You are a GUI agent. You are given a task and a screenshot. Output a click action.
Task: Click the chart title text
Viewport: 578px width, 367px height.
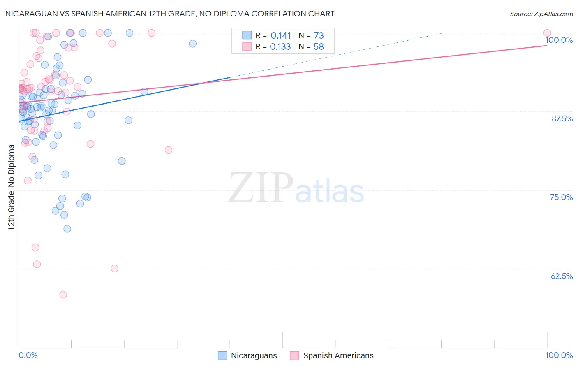(x=170, y=14)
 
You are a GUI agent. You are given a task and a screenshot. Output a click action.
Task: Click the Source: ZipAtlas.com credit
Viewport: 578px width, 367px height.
(x=541, y=14)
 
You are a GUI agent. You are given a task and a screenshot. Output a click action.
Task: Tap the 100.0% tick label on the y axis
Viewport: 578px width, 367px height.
(x=559, y=40)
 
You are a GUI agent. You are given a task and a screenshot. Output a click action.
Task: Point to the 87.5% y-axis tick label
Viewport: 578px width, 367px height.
(x=562, y=118)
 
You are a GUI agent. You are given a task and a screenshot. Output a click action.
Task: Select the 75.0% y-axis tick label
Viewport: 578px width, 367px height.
(x=561, y=197)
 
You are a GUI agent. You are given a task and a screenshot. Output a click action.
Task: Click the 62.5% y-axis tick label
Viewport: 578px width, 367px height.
(x=561, y=276)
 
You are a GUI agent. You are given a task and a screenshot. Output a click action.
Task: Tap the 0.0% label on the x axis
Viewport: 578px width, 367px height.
(x=28, y=355)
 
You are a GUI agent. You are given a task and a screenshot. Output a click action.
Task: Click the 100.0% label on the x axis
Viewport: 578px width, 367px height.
(x=559, y=355)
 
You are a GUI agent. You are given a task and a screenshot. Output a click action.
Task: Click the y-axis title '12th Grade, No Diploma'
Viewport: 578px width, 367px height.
(x=12, y=187)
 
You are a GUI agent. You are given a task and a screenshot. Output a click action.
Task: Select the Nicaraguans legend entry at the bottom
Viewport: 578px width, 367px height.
(x=247, y=355)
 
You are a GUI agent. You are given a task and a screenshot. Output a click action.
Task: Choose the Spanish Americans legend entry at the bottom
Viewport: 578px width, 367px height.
(x=332, y=355)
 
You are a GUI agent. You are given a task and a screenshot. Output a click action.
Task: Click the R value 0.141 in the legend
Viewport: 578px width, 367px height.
(x=281, y=36)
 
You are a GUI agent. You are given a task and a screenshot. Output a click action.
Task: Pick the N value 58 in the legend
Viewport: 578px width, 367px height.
(x=319, y=47)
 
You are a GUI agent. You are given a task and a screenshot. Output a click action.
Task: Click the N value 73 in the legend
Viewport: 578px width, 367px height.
(x=319, y=36)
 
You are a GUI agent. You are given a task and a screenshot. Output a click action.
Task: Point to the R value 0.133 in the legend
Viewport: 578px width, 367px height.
(x=280, y=47)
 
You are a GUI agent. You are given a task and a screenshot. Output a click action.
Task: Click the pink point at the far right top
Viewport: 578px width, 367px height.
(x=547, y=33)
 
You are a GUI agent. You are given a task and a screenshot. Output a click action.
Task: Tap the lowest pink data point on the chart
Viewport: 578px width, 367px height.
(x=63, y=295)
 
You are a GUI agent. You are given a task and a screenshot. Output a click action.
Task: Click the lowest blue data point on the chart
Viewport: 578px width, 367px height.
(x=67, y=229)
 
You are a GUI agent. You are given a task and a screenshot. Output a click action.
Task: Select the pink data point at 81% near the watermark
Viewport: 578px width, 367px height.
(x=168, y=150)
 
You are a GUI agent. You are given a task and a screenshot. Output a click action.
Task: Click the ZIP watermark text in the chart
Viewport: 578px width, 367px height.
(x=260, y=188)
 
